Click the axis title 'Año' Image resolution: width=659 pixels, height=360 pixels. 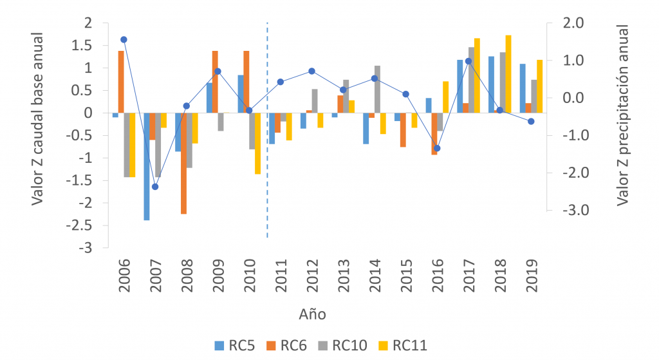(312, 315)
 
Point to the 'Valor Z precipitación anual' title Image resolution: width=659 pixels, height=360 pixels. (622, 117)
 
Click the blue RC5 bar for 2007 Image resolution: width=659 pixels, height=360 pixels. (147, 166)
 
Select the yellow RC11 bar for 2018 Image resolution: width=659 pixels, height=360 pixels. (508, 74)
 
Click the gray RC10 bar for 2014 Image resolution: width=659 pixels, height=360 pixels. (377, 89)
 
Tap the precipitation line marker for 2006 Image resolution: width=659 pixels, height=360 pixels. (124, 39)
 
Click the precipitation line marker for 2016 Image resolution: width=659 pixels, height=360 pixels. (437, 148)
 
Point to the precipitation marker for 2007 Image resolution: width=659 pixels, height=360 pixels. (155, 187)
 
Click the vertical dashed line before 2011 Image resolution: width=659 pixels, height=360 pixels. (267, 129)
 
